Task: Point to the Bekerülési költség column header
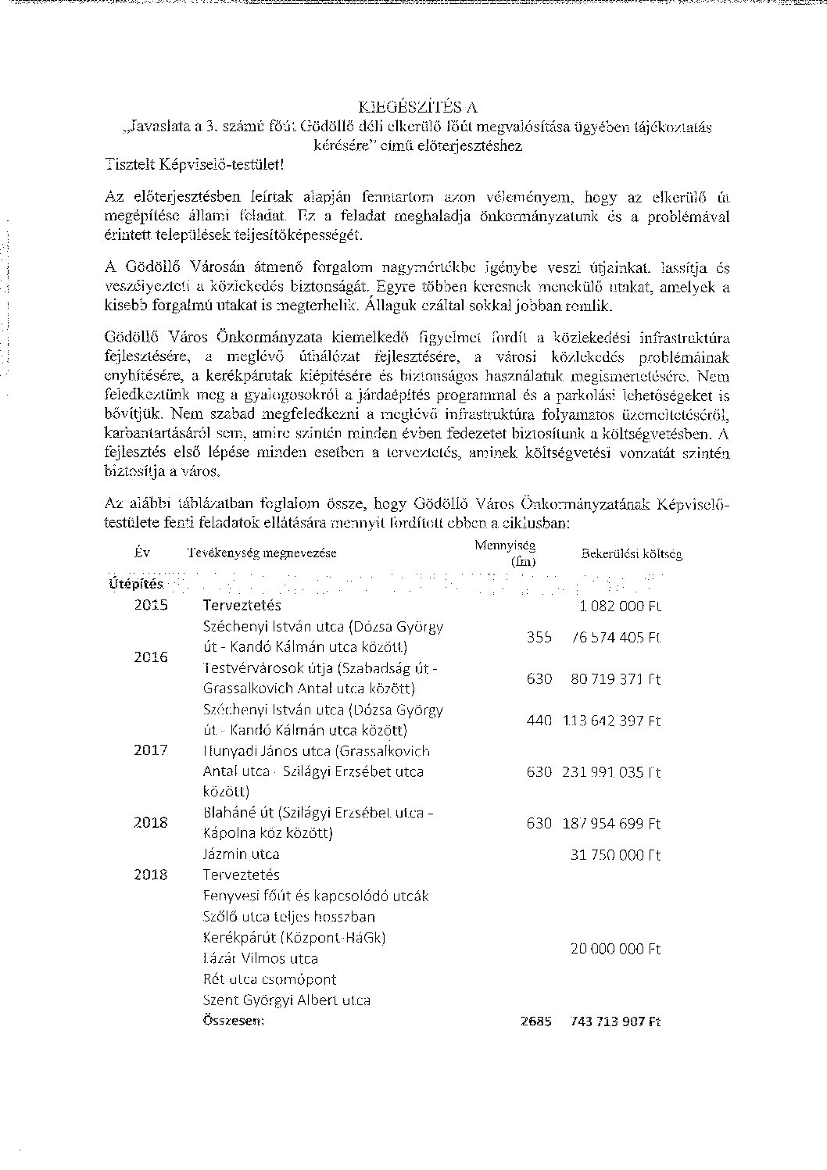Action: coord(631,554)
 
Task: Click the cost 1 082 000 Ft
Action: coord(621,606)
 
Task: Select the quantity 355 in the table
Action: coord(539,637)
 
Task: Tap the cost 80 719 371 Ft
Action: coord(615,679)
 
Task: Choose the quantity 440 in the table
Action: coord(539,721)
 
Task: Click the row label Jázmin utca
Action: coord(241,854)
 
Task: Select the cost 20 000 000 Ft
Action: coord(615,949)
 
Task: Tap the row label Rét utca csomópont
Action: coord(270,979)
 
